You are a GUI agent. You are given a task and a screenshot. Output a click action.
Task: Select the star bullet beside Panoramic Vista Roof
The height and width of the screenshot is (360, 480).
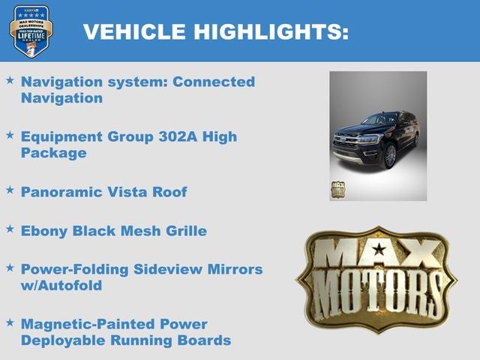coord(10,190)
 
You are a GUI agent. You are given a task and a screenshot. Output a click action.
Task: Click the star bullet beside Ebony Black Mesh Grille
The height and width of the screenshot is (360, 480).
coord(10,229)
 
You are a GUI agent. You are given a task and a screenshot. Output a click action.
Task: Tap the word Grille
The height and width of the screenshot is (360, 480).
coord(183,231)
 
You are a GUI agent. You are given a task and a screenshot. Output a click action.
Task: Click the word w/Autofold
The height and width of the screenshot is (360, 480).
coord(61,286)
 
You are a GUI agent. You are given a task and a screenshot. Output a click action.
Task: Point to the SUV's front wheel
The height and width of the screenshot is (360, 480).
coord(390,155)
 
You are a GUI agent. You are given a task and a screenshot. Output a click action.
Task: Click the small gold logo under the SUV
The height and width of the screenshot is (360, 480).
coord(338,189)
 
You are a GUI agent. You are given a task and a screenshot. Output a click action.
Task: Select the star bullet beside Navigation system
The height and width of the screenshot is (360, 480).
coord(10,79)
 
